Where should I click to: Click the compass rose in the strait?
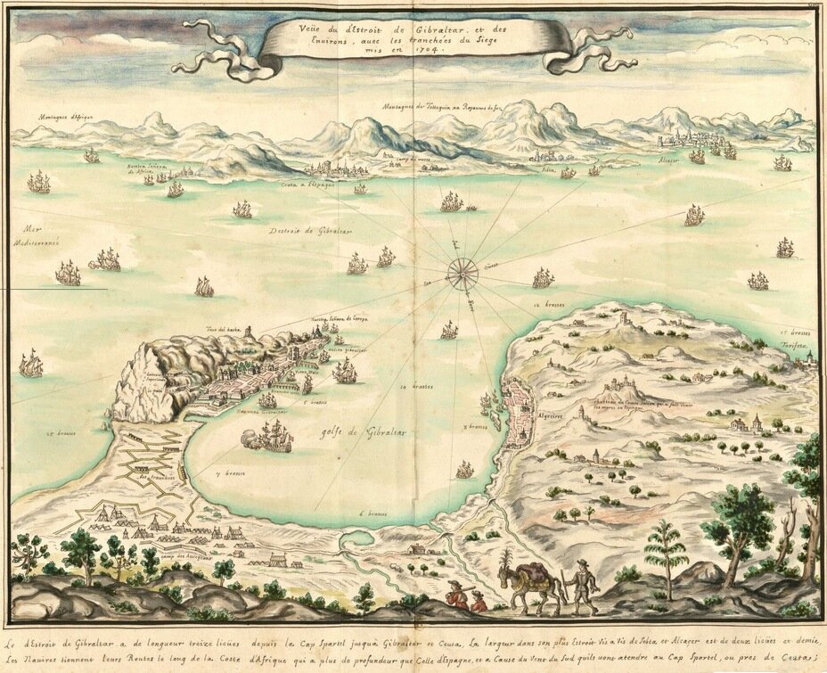(462, 269)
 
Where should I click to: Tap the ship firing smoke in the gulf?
(267, 439)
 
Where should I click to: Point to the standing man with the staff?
(580, 586)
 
